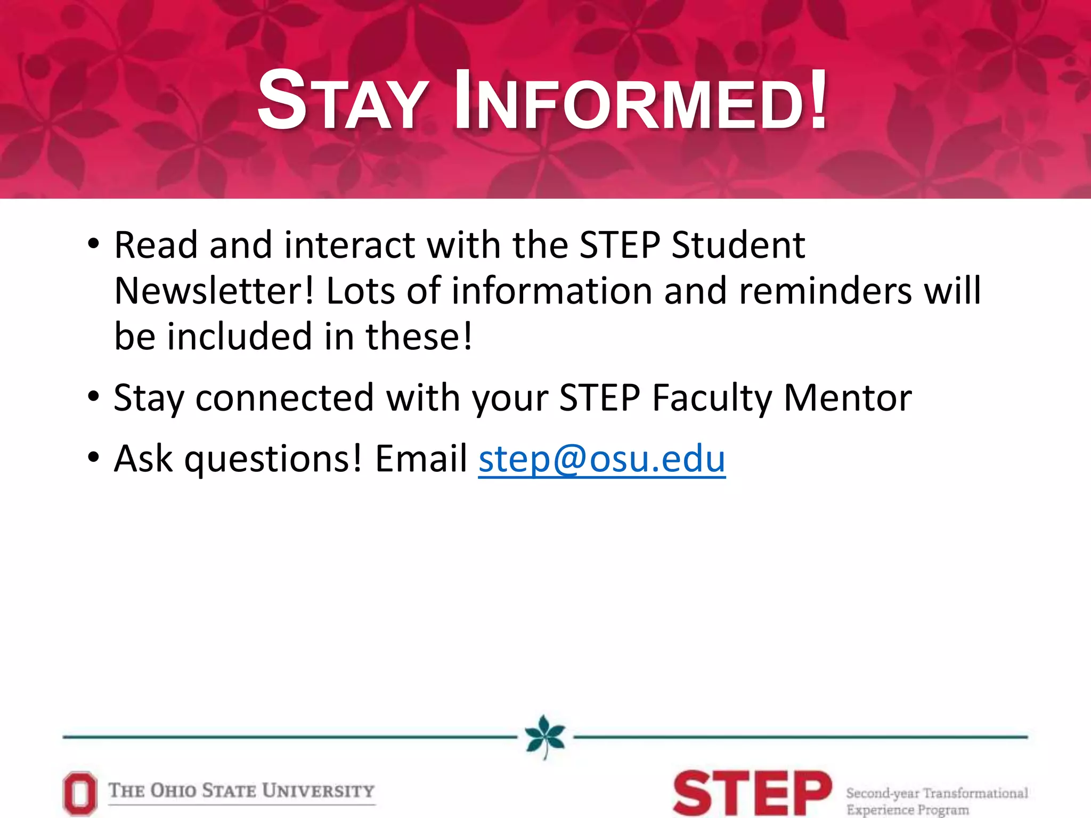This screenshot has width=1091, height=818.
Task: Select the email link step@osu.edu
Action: pos(602,459)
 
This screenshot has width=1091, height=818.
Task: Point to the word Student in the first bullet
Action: pos(738,245)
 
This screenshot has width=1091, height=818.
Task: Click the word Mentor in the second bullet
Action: pos(848,398)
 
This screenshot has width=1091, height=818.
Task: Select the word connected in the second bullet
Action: pos(284,398)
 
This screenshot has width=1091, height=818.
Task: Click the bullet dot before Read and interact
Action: pos(94,245)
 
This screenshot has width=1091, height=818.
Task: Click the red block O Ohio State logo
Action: pos(80,794)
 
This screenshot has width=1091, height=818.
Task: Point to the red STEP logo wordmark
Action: pos(752,794)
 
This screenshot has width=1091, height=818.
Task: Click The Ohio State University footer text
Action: pos(241,791)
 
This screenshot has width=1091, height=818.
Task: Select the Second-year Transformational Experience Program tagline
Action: pos(937,801)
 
